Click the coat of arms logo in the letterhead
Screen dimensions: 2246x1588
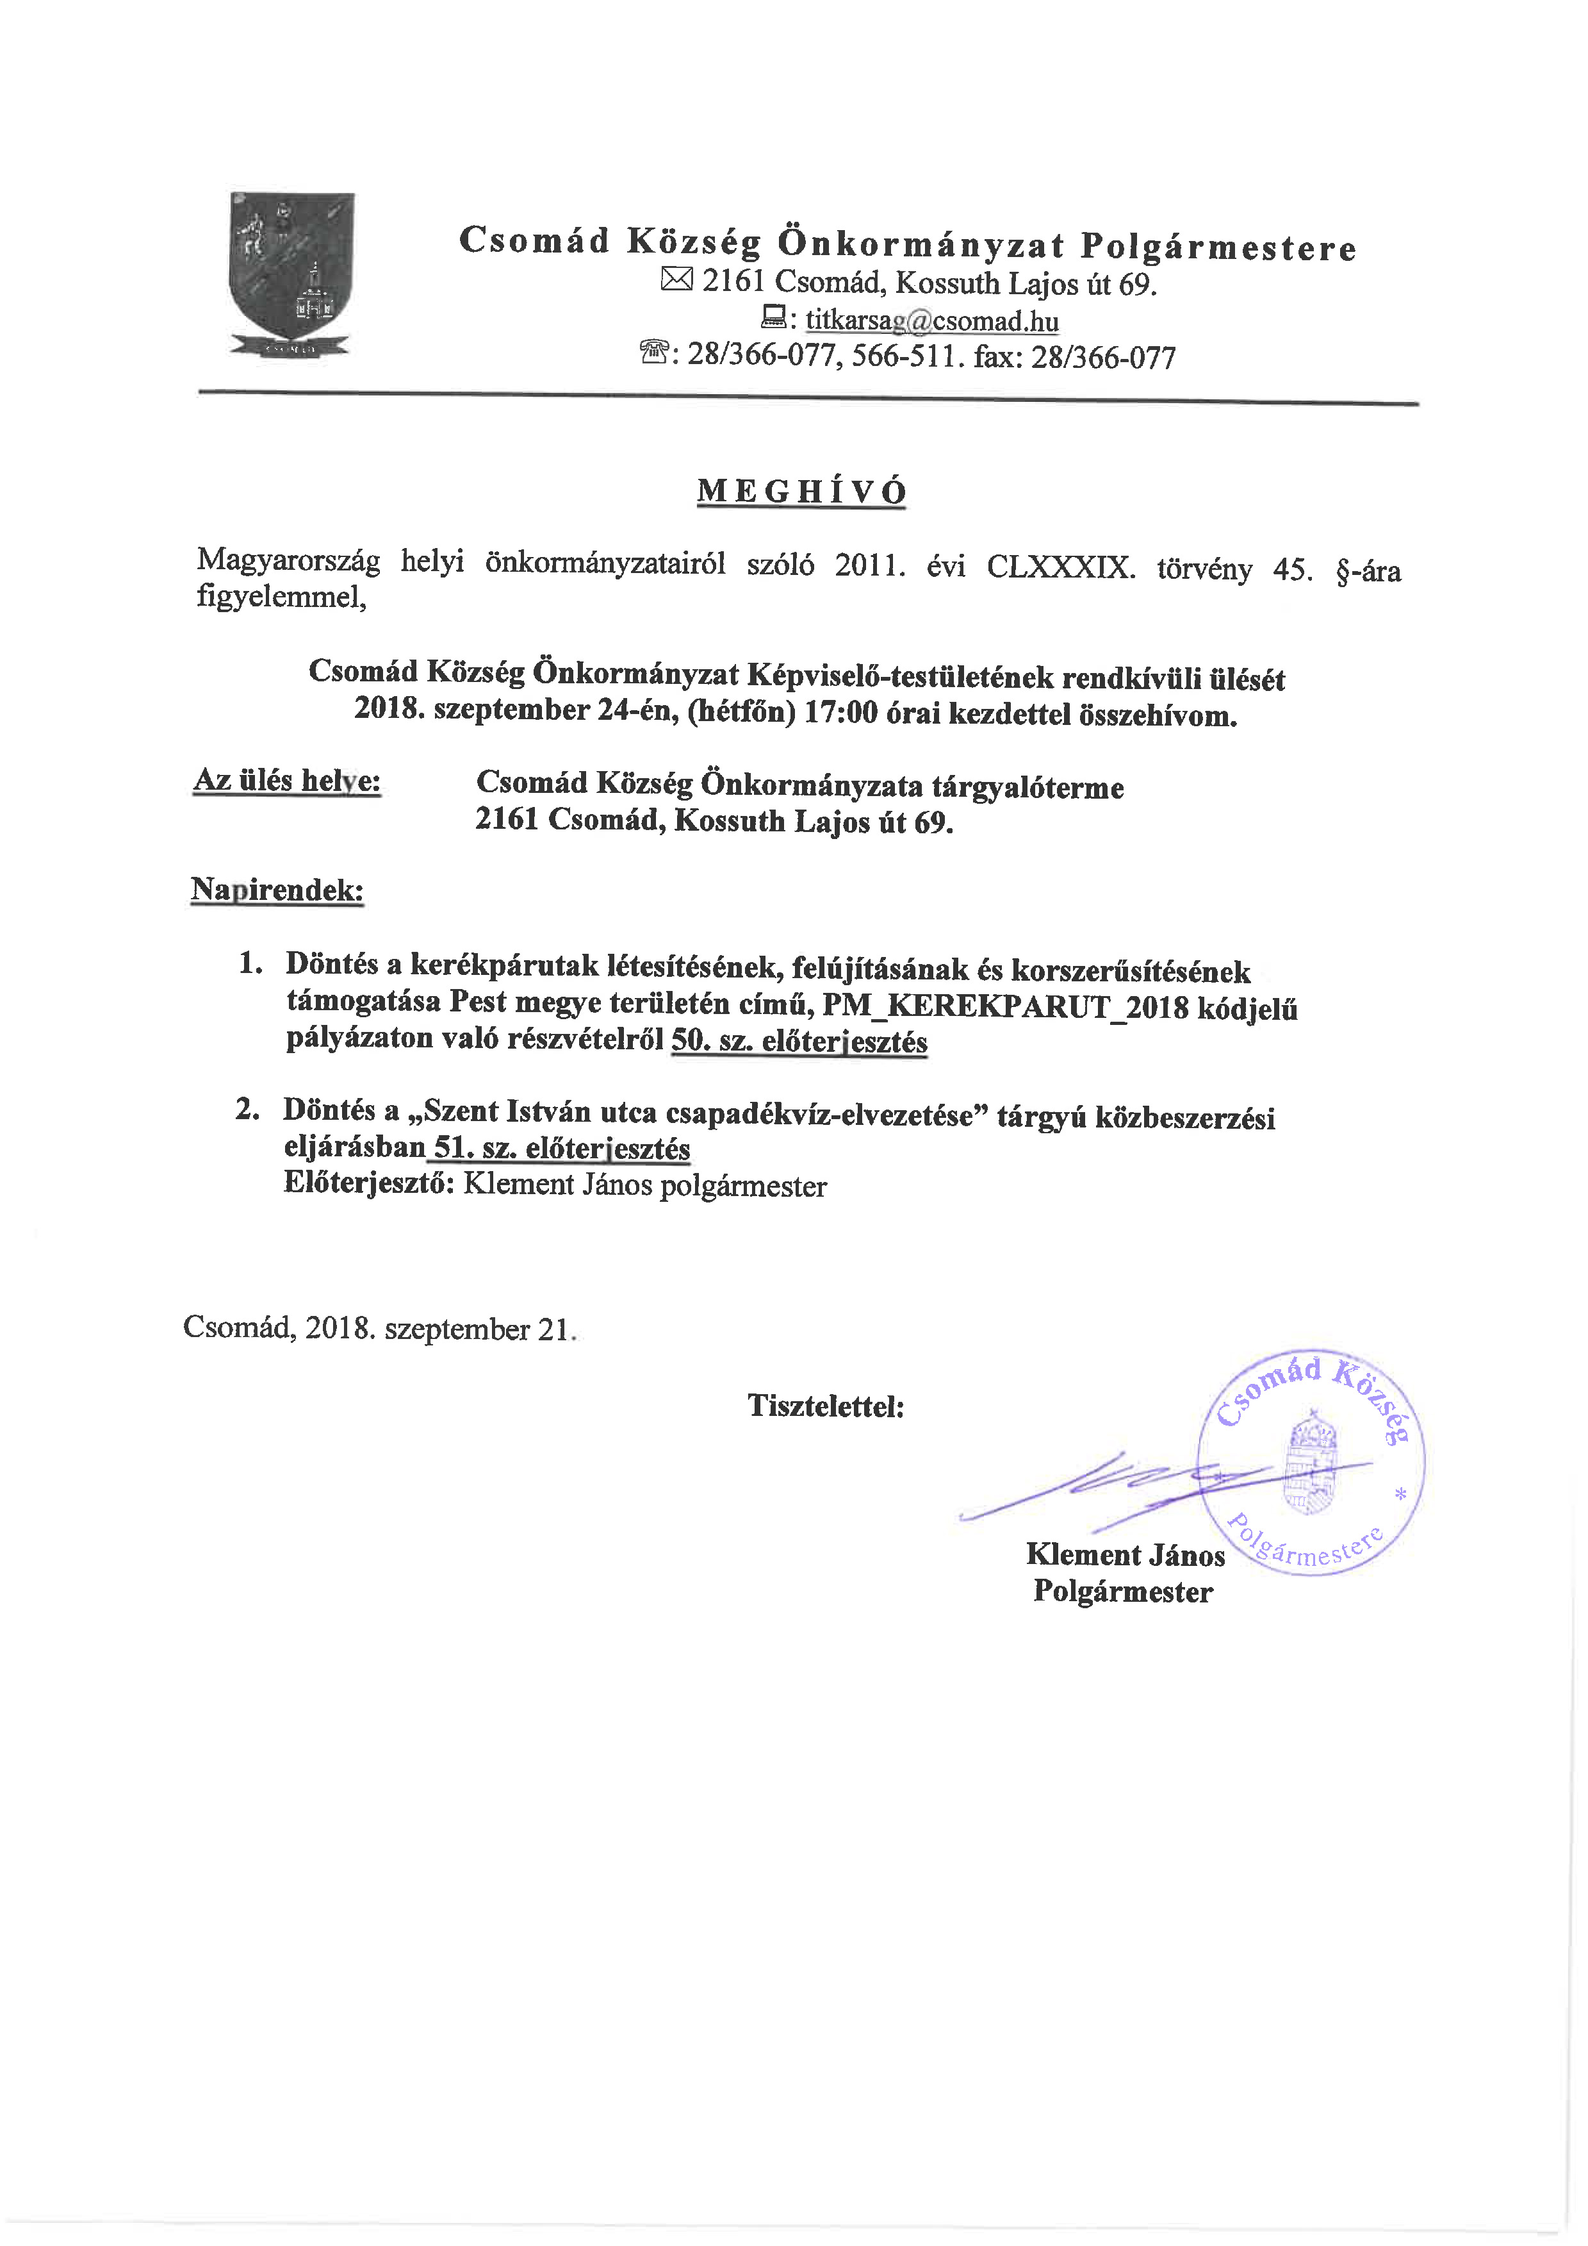click(291, 276)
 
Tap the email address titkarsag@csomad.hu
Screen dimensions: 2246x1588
click(932, 321)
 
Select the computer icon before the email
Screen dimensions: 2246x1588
click(773, 318)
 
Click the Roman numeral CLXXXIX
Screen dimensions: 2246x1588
click(1060, 567)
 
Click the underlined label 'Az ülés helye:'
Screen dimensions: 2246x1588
click(286, 781)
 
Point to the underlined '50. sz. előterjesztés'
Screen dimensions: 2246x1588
click(799, 1041)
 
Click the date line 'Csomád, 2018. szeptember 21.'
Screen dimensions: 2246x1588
click(379, 1328)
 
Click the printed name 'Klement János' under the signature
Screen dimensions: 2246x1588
click(1124, 1554)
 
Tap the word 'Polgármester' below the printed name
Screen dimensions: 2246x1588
click(1122, 1592)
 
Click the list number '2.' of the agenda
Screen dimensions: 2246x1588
click(247, 1110)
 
